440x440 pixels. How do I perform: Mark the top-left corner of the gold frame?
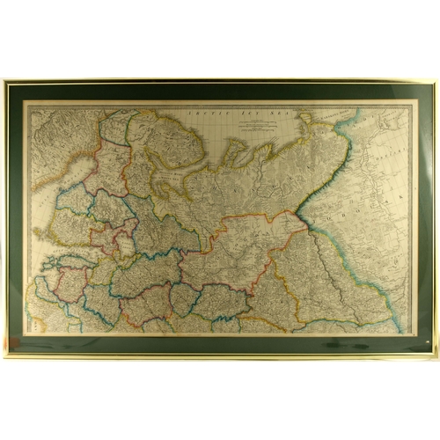(x=4, y=81)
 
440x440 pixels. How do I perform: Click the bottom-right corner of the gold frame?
(x=436, y=356)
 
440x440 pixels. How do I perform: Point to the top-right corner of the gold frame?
(x=436, y=81)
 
